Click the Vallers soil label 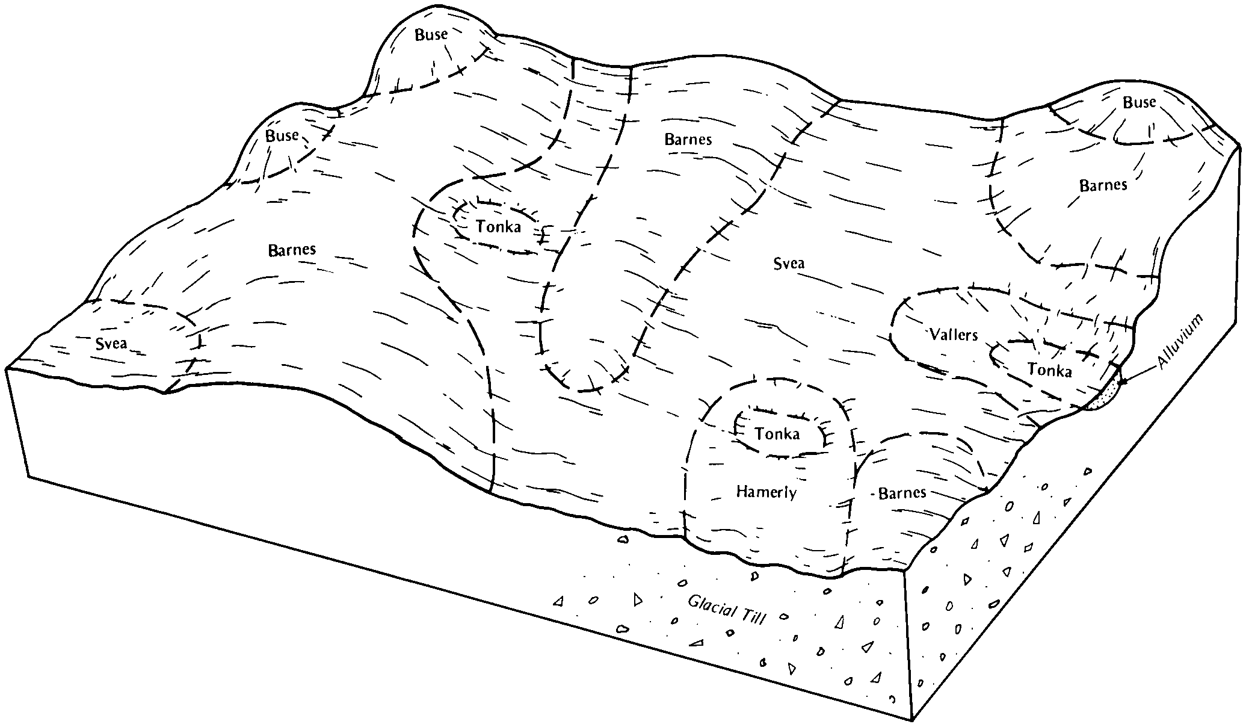pos(954,335)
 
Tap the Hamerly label pos(766,492)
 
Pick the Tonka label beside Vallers pos(1049,371)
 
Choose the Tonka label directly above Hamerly pos(777,434)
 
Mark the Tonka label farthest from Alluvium pos(498,226)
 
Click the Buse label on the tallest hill pos(431,35)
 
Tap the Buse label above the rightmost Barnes pos(1139,103)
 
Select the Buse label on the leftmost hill pos(282,136)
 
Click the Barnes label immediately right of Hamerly pos(902,493)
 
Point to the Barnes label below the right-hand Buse pos(1103,185)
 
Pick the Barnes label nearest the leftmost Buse pos(292,250)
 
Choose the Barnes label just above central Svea pos(688,140)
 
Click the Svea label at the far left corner pos(111,344)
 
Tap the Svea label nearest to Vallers pos(788,263)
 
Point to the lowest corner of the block pos(912,720)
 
